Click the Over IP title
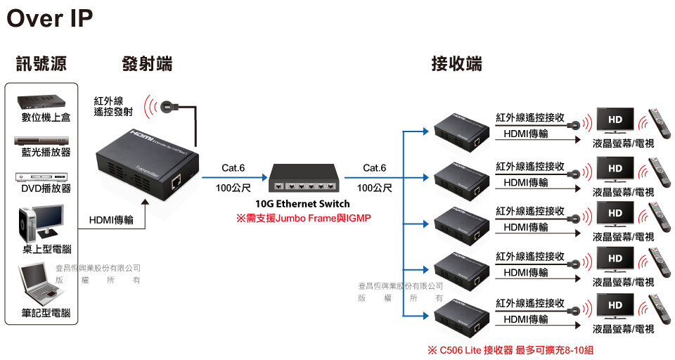[x=49, y=18]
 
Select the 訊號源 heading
[x=41, y=64]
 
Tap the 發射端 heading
[x=147, y=64]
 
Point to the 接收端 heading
[x=456, y=64]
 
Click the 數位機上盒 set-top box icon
[x=46, y=101]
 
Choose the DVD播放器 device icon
[x=46, y=175]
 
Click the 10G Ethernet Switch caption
[x=302, y=204]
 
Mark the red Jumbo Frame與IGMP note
[x=303, y=219]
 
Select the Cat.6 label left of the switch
[x=233, y=168]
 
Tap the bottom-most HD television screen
[x=615, y=307]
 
